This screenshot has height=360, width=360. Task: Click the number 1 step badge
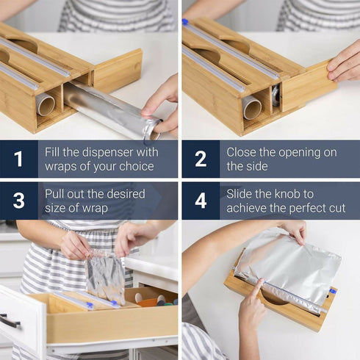18,159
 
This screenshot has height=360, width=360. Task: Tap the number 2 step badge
201,159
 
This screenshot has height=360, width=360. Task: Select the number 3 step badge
18,201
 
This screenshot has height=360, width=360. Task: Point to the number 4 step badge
201,201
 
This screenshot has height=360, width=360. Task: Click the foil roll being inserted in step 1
110,110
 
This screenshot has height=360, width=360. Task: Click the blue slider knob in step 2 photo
186,23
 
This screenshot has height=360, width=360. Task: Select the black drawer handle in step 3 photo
10,321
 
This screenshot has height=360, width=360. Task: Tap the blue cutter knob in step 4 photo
332,292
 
